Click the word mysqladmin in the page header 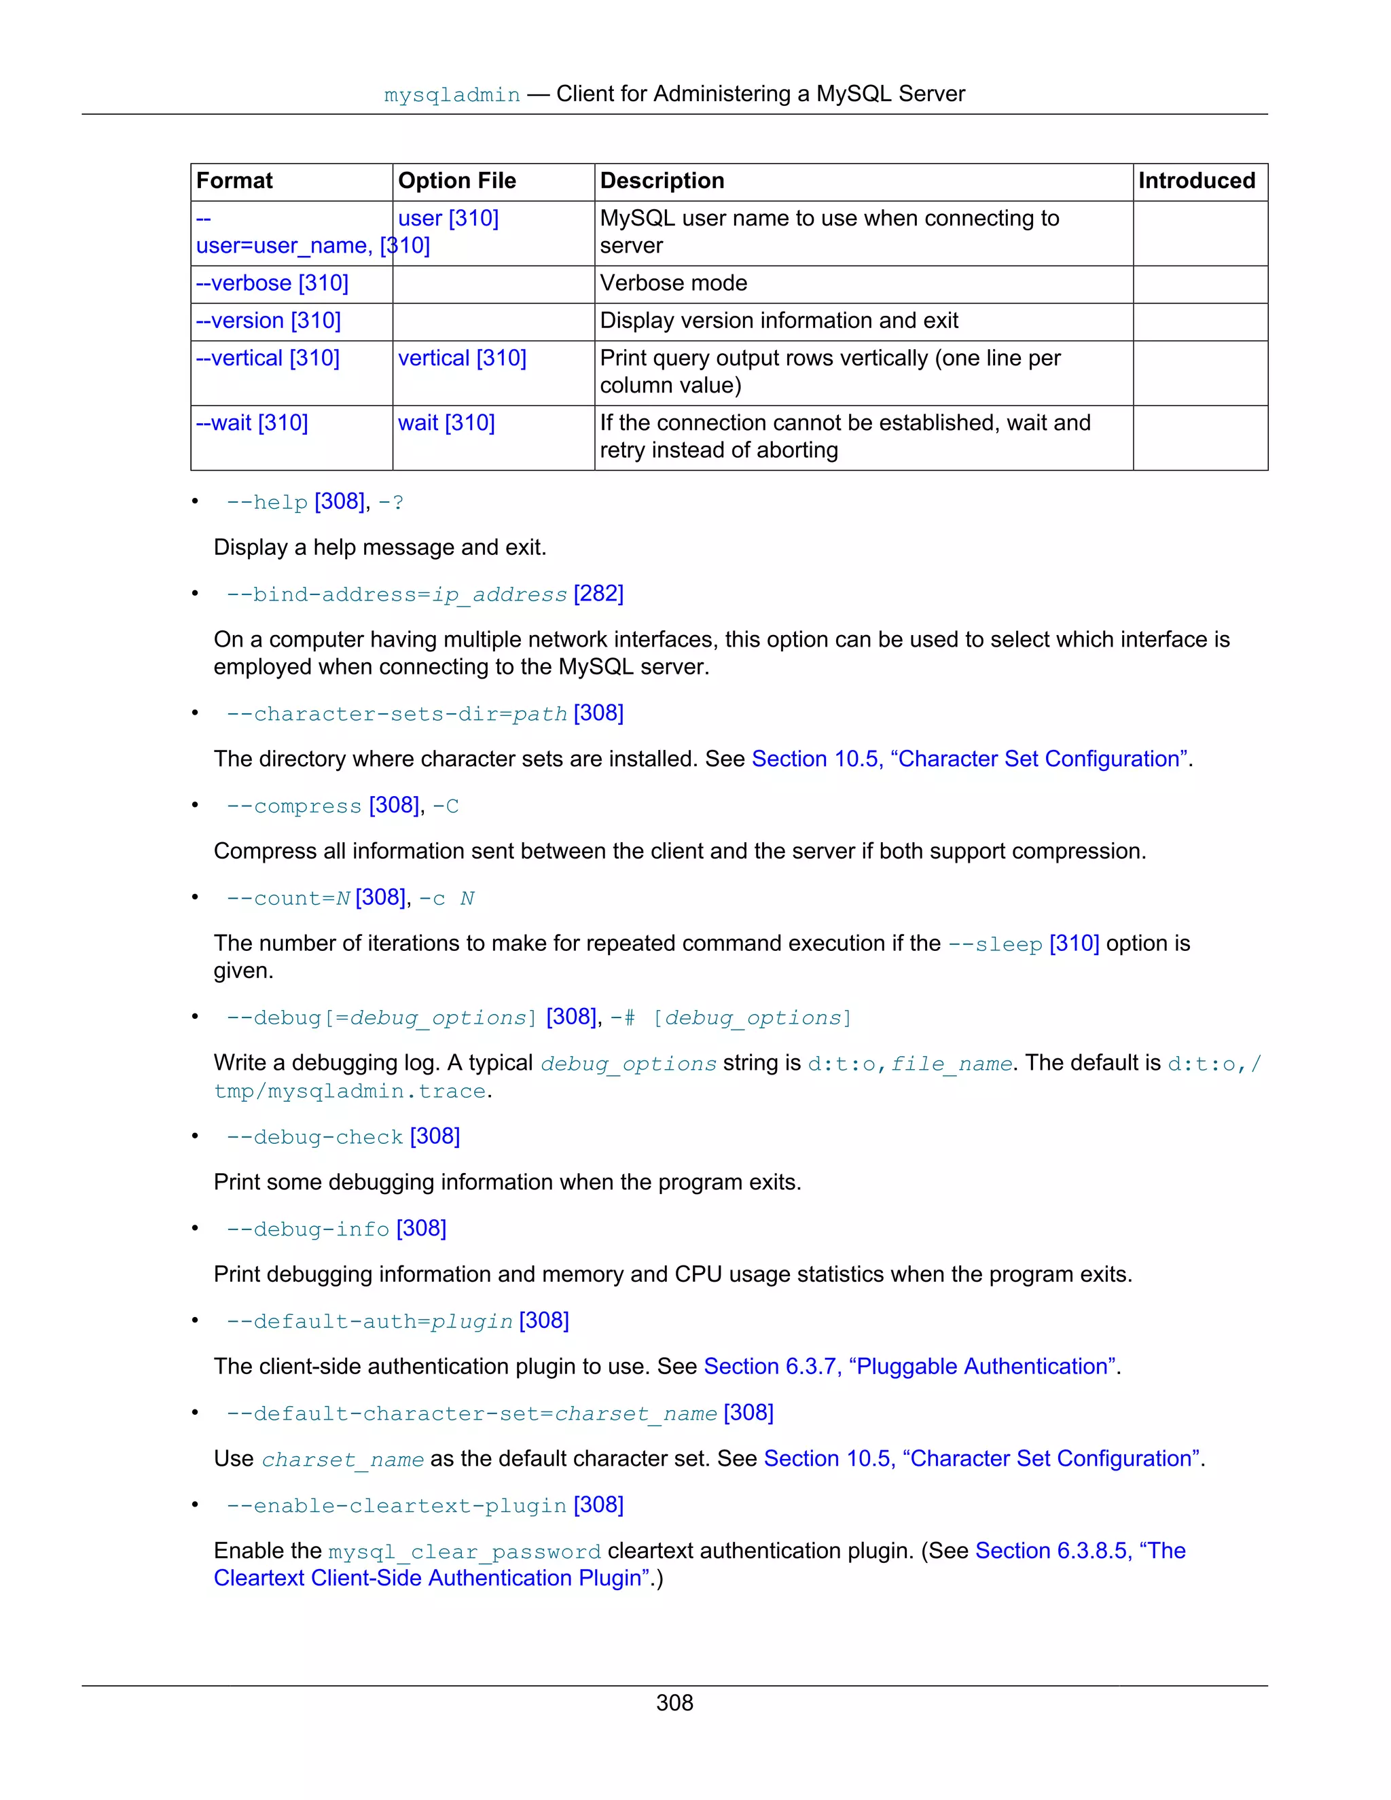(x=452, y=95)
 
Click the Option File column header (x=456, y=181)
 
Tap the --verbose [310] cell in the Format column (x=272, y=283)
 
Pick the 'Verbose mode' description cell (x=673, y=283)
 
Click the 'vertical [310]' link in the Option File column (x=461, y=358)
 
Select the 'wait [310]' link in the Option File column (x=446, y=422)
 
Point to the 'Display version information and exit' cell (x=779, y=321)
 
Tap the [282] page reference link (x=598, y=594)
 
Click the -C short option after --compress (x=446, y=806)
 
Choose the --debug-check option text (x=314, y=1137)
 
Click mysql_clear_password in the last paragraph (x=464, y=1552)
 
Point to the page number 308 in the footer (x=674, y=1703)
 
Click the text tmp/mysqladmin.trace (x=349, y=1092)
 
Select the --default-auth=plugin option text (x=369, y=1321)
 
